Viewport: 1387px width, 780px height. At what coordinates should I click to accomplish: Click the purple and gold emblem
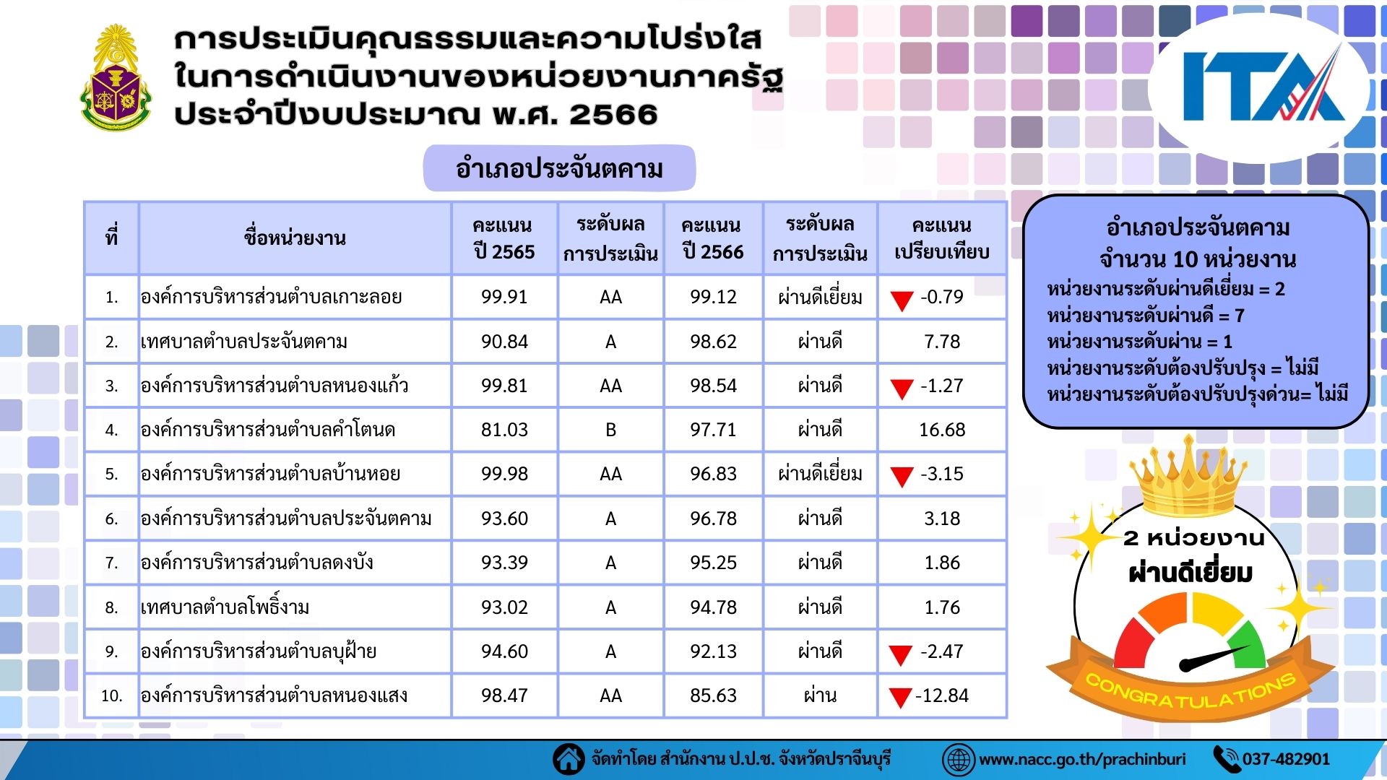[x=116, y=77]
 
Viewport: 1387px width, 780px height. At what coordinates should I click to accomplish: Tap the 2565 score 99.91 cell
[x=504, y=297]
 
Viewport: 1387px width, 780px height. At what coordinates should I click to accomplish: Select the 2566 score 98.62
[x=713, y=341]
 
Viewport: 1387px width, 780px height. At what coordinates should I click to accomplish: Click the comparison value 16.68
[x=942, y=430]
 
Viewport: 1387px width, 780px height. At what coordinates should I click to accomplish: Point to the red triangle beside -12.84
[x=900, y=697]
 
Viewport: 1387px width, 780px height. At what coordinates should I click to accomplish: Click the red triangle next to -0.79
[x=902, y=300]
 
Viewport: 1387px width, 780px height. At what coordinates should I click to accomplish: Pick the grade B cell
[x=610, y=430]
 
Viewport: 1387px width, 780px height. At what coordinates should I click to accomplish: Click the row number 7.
[x=111, y=563]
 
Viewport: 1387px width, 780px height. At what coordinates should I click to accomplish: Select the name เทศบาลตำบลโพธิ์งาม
[x=225, y=607]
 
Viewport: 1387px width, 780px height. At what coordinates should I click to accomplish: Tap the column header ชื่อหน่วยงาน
[x=295, y=238]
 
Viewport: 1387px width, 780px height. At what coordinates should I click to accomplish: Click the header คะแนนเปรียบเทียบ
[x=942, y=238]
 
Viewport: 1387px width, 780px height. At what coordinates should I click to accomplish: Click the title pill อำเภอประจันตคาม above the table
[x=559, y=168]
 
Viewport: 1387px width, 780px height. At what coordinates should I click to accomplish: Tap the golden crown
[x=1188, y=474]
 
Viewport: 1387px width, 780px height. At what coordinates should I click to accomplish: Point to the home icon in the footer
[x=569, y=759]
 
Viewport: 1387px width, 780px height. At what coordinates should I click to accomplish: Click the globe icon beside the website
[x=959, y=760]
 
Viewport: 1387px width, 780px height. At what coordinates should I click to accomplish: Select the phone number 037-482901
[x=1286, y=759]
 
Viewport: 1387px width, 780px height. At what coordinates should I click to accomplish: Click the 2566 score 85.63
[x=713, y=695]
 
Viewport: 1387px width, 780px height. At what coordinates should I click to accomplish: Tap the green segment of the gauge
[x=1248, y=642]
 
